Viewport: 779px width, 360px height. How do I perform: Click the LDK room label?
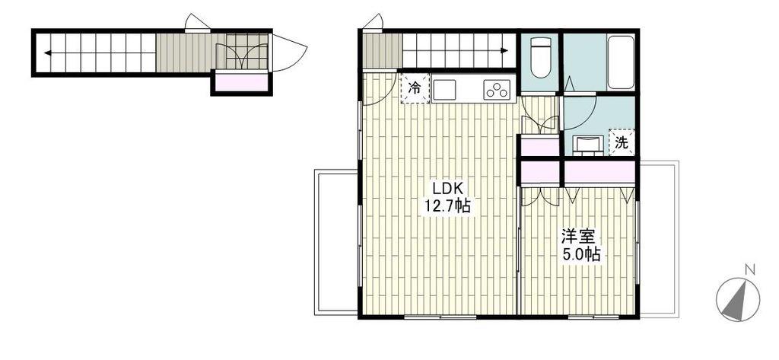coord(447,189)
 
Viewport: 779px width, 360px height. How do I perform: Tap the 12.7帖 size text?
coord(447,205)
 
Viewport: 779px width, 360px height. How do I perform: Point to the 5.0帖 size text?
coord(580,254)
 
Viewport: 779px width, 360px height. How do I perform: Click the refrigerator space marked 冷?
coord(415,88)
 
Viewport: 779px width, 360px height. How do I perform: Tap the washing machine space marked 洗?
coord(622,143)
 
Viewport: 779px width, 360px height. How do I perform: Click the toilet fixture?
coord(539,57)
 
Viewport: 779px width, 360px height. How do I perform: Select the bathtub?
coord(621,62)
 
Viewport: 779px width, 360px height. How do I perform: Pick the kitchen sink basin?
coord(444,90)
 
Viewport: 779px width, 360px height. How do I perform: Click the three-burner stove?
coord(497,90)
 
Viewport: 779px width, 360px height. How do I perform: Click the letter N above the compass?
coord(750,270)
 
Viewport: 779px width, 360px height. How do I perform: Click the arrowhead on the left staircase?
coord(47,53)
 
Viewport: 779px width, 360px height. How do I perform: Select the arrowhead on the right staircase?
coord(504,50)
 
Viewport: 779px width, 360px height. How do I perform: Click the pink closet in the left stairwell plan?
coord(241,82)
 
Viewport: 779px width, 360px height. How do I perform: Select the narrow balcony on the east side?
coord(658,239)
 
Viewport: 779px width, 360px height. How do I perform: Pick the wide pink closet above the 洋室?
coord(599,172)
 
